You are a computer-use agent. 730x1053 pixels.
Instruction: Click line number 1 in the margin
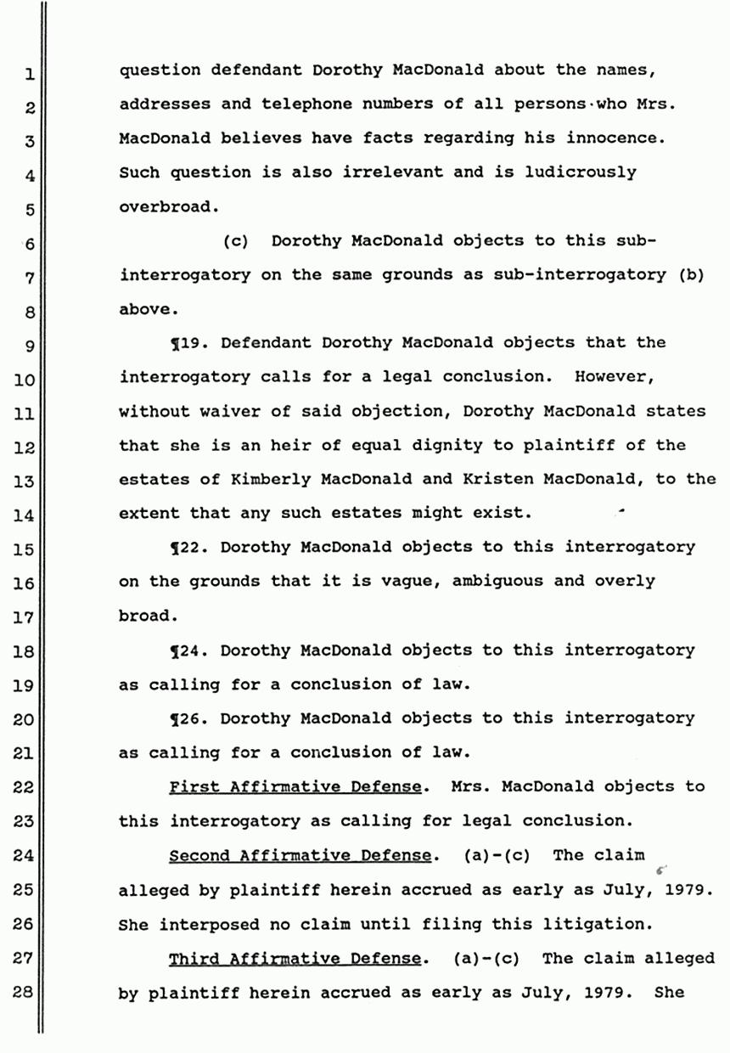click(28, 76)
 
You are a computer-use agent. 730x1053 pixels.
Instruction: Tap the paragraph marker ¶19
click(190, 343)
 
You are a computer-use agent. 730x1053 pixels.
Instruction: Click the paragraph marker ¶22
click(190, 548)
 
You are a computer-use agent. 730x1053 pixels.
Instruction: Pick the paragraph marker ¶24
click(190, 650)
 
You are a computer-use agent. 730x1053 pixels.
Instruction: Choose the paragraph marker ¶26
click(190, 718)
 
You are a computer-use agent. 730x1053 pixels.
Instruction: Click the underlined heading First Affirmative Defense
click(295, 787)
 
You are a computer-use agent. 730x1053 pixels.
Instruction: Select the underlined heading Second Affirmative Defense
click(300, 855)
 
